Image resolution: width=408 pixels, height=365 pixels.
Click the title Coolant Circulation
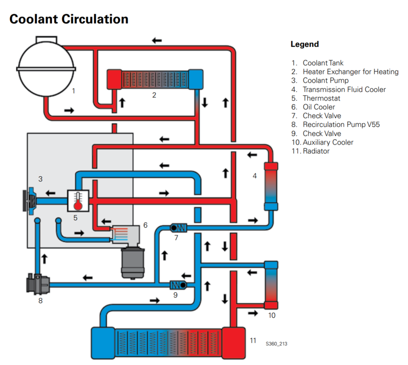pyautogui.click(x=69, y=19)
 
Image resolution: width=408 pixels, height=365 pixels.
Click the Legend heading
pyautogui.click(x=304, y=44)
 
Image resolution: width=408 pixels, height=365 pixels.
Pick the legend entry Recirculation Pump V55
pyautogui.click(x=341, y=125)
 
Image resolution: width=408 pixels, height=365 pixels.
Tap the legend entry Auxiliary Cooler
pyautogui.click(x=328, y=142)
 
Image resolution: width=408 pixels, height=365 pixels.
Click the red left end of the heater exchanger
pyautogui.click(x=114, y=79)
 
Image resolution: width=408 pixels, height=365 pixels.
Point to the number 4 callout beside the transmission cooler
pyautogui.click(x=254, y=176)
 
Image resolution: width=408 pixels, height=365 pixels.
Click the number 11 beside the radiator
pyautogui.click(x=253, y=340)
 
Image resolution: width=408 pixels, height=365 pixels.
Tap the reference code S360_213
pyautogui.click(x=276, y=344)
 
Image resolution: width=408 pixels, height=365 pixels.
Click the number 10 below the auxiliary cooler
pyautogui.click(x=272, y=315)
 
